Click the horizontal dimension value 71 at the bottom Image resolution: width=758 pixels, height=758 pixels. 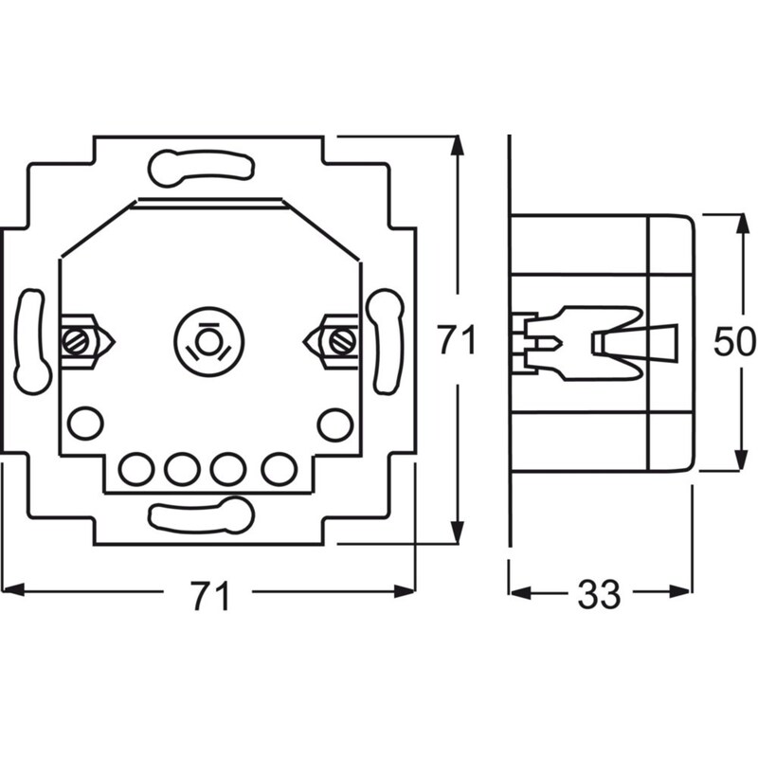coord(210,596)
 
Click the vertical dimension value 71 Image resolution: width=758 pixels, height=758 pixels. coord(456,340)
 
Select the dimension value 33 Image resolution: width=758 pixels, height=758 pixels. coord(599,594)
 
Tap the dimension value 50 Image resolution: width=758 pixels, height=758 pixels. coord(734,342)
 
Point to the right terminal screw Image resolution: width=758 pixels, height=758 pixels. coord(341,336)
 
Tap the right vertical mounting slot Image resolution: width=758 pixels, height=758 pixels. coord(387,341)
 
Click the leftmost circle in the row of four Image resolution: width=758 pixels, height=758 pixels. coord(137,466)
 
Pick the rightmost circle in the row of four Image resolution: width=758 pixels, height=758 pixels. coord(277,466)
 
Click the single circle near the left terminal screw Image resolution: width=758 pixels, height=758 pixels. coord(85,422)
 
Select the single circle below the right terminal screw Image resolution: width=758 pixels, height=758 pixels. coord(334,423)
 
